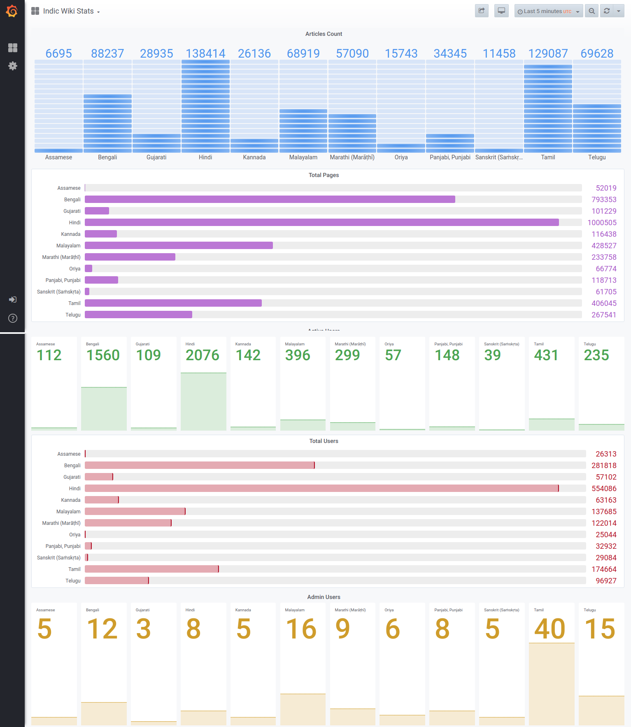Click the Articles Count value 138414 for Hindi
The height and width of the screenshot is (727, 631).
click(x=205, y=54)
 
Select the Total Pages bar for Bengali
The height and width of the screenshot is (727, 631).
click(x=270, y=199)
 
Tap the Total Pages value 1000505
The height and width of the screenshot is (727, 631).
click(x=602, y=223)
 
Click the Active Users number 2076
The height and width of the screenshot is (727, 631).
click(x=202, y=355)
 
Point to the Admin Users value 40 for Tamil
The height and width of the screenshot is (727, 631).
click(x=550, y=629)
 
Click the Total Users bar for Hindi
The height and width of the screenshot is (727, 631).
click(x=321, y=488)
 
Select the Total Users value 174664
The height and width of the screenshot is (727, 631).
click(x=604, y=569)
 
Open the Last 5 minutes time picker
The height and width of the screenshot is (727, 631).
click(x=548, y=11)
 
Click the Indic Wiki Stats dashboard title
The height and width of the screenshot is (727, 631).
click(x=68, y=11)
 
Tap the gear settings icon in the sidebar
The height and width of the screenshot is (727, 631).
click(x=13, y=66)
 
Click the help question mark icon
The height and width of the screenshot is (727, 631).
click(x=13, y=318)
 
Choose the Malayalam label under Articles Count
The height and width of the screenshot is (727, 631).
click(x=303, y=157)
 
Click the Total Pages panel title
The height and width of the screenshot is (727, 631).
click(x=324, y=175)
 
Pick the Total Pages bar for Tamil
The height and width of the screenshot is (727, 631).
click(x=173, y=303)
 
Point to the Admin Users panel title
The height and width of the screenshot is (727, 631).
click(x=324, y=597)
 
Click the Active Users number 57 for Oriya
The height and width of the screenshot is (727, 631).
click(x=393, y=355)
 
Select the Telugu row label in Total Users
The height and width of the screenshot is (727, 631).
click(x=73, y=581)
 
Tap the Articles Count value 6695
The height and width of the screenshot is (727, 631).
click(x=58, y=54)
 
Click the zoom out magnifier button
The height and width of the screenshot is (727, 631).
click(x=591, y=11)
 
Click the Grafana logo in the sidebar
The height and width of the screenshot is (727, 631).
click(x=12, y=11)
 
